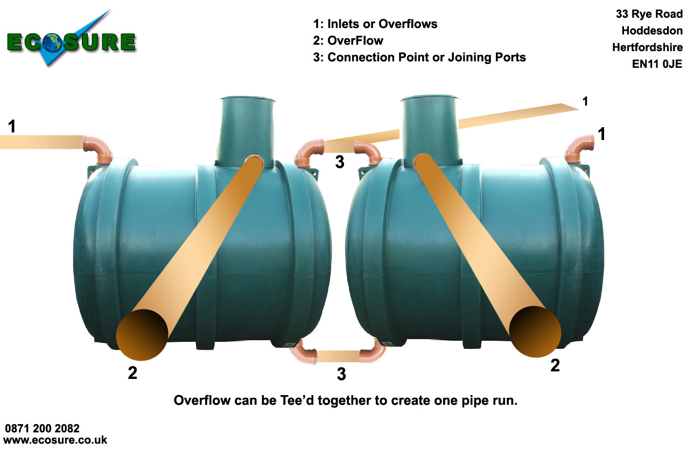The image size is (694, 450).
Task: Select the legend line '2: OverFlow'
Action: pyautogui.click(x=348, y=40)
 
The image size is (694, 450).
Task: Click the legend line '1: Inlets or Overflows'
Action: pyautogui.click(x=375, y=24)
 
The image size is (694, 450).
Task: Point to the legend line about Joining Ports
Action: pyautogui.click(x=419, y=57)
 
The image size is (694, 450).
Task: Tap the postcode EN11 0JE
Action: pyautogui.click(x=657, y=64)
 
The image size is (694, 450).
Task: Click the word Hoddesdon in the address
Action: pyautogui.click(x=651, y=31)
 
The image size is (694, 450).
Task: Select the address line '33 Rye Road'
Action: pyautogui.click(x=649, y=14)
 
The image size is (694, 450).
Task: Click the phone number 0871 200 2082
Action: pyautogui.click(x=43, y=428)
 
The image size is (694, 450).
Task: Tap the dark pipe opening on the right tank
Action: pyautogui.click(x=535, y=332)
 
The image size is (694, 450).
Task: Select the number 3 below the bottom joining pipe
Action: pyautogui.click(x=341, y=374)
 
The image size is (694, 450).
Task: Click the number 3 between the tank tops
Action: pyautogui.click(x=339, y=161)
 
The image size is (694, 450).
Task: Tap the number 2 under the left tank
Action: pyautogui.click(x=132, y=372)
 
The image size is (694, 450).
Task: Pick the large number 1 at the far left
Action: pyautogui.click(x=12, y=127)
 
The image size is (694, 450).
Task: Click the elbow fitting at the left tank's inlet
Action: pyautogui.click(x=97, y=148)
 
